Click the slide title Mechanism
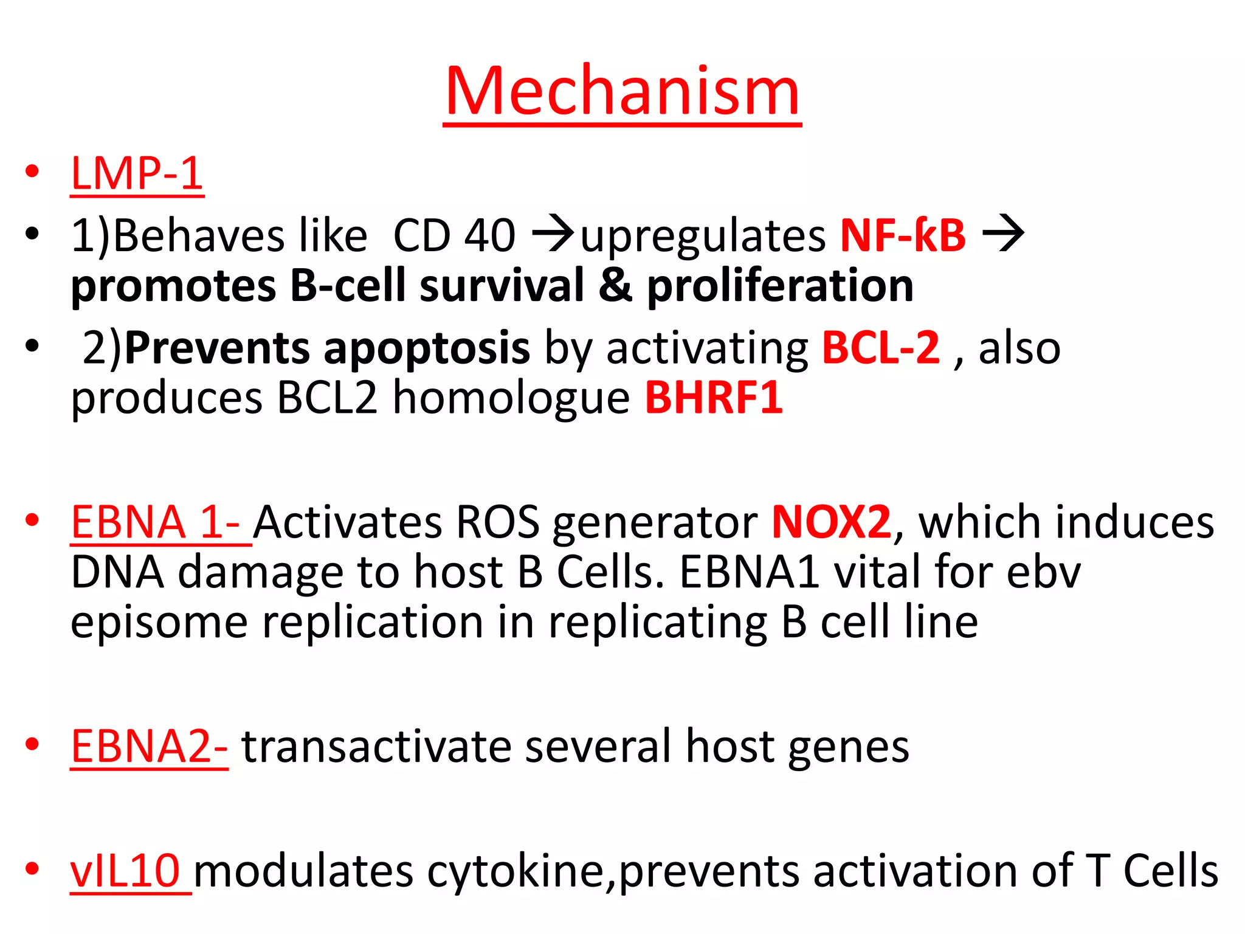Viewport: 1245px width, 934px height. pyautogui.click(x=622, y=91)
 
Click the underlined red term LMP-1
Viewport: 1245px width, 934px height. pyautogui.click(x=137, y=173)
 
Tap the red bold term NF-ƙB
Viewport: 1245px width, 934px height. pyautogui.click(x=902, y=235)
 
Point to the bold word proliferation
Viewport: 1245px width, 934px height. pyautogui.click(x=780, y=286)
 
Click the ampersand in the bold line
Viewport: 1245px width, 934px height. pyautogui.click(x=615, y=286)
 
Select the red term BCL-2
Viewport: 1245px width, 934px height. pyautogui.click(x=880, y=348)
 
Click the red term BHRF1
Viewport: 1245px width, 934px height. pyautogui.click(x=713, y=398)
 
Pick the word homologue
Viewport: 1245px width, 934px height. pyautogui.click(x=511, y=399)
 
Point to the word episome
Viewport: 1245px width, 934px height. pyautogui.click(x=159, y=623)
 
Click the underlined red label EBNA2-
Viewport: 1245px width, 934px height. pyautogui.click(x=149, y=746)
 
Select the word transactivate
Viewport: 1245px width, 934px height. pyautogui.click(x=376, y=746)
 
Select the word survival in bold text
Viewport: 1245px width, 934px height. pyautogui.click(x=502, y=286)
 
